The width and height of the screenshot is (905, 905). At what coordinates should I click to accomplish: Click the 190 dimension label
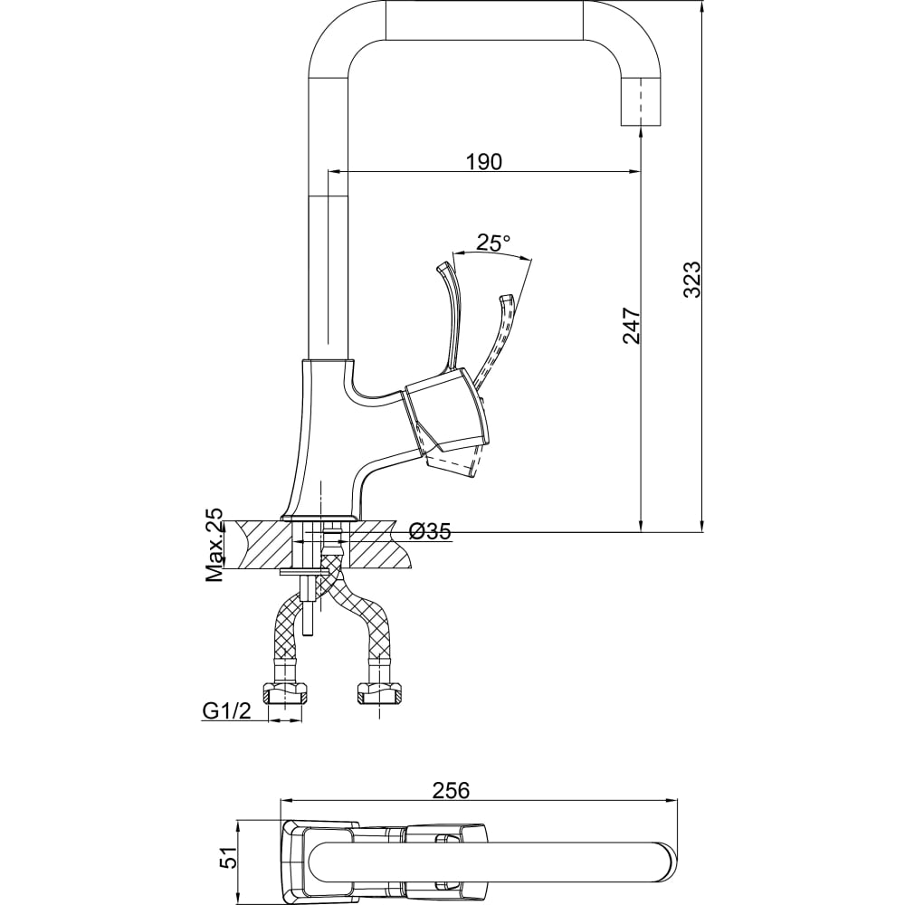(483, 162)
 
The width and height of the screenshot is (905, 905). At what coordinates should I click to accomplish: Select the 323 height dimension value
(691, 281)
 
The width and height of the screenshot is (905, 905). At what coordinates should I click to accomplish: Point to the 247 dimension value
(632, 326)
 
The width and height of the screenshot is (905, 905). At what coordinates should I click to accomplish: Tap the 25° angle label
(493, 243)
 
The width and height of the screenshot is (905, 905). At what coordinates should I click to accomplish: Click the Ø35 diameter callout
(429, 532)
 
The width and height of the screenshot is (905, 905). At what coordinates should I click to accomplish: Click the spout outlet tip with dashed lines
(641, 101)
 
